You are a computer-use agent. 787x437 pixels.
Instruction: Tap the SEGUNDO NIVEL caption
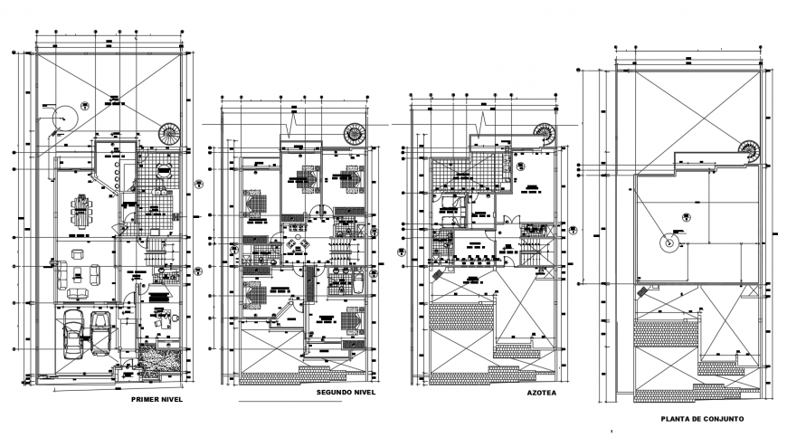coord(346,394)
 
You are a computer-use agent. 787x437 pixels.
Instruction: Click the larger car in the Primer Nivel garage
coord(72,332)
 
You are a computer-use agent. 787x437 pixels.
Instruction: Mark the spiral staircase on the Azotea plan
coord(545,133)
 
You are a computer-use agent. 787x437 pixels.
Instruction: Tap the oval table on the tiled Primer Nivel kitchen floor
coord(163,171)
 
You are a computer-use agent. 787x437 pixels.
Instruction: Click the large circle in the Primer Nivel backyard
coord(63,117)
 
